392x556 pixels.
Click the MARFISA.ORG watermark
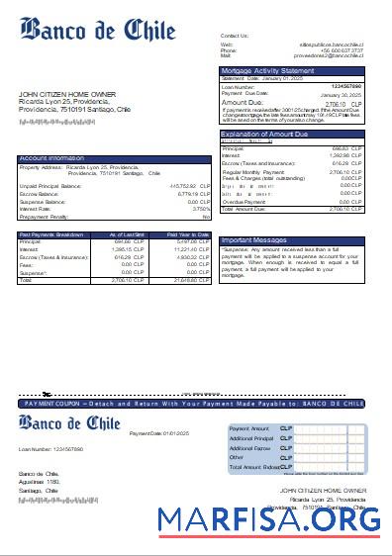(268, 518)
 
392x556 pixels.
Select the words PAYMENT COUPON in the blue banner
(51, 404)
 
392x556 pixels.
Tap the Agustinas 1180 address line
(40, 481)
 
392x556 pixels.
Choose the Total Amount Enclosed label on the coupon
(252, 467)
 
